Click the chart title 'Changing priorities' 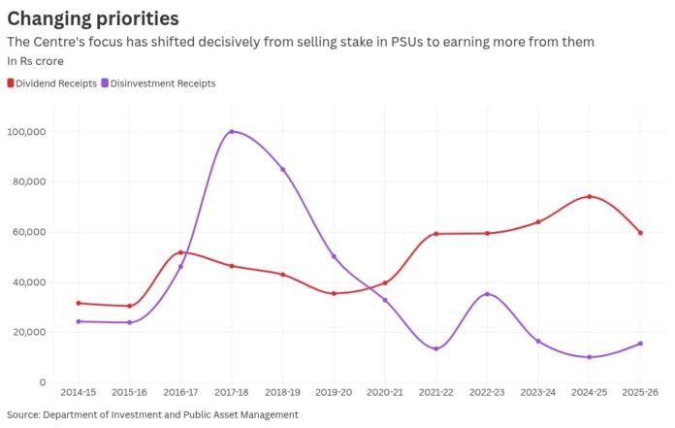[x=93, y=17]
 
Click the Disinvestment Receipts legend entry [x=162, y=83]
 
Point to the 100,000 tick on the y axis [x=27, y=132]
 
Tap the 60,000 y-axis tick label [x=29, y=232]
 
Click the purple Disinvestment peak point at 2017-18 [x=232, y=132]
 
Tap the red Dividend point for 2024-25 [x=590, y=197]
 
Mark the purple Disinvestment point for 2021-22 [x=436, y=348]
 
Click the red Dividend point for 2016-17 [x=180, y=252]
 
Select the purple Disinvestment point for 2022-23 [x=487, y=294]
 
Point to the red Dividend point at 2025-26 [x=640, y=233]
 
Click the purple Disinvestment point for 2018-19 [x=282, y=169]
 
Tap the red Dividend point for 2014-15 [x=78, y=303]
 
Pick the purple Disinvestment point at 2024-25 [x=590, y=357]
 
